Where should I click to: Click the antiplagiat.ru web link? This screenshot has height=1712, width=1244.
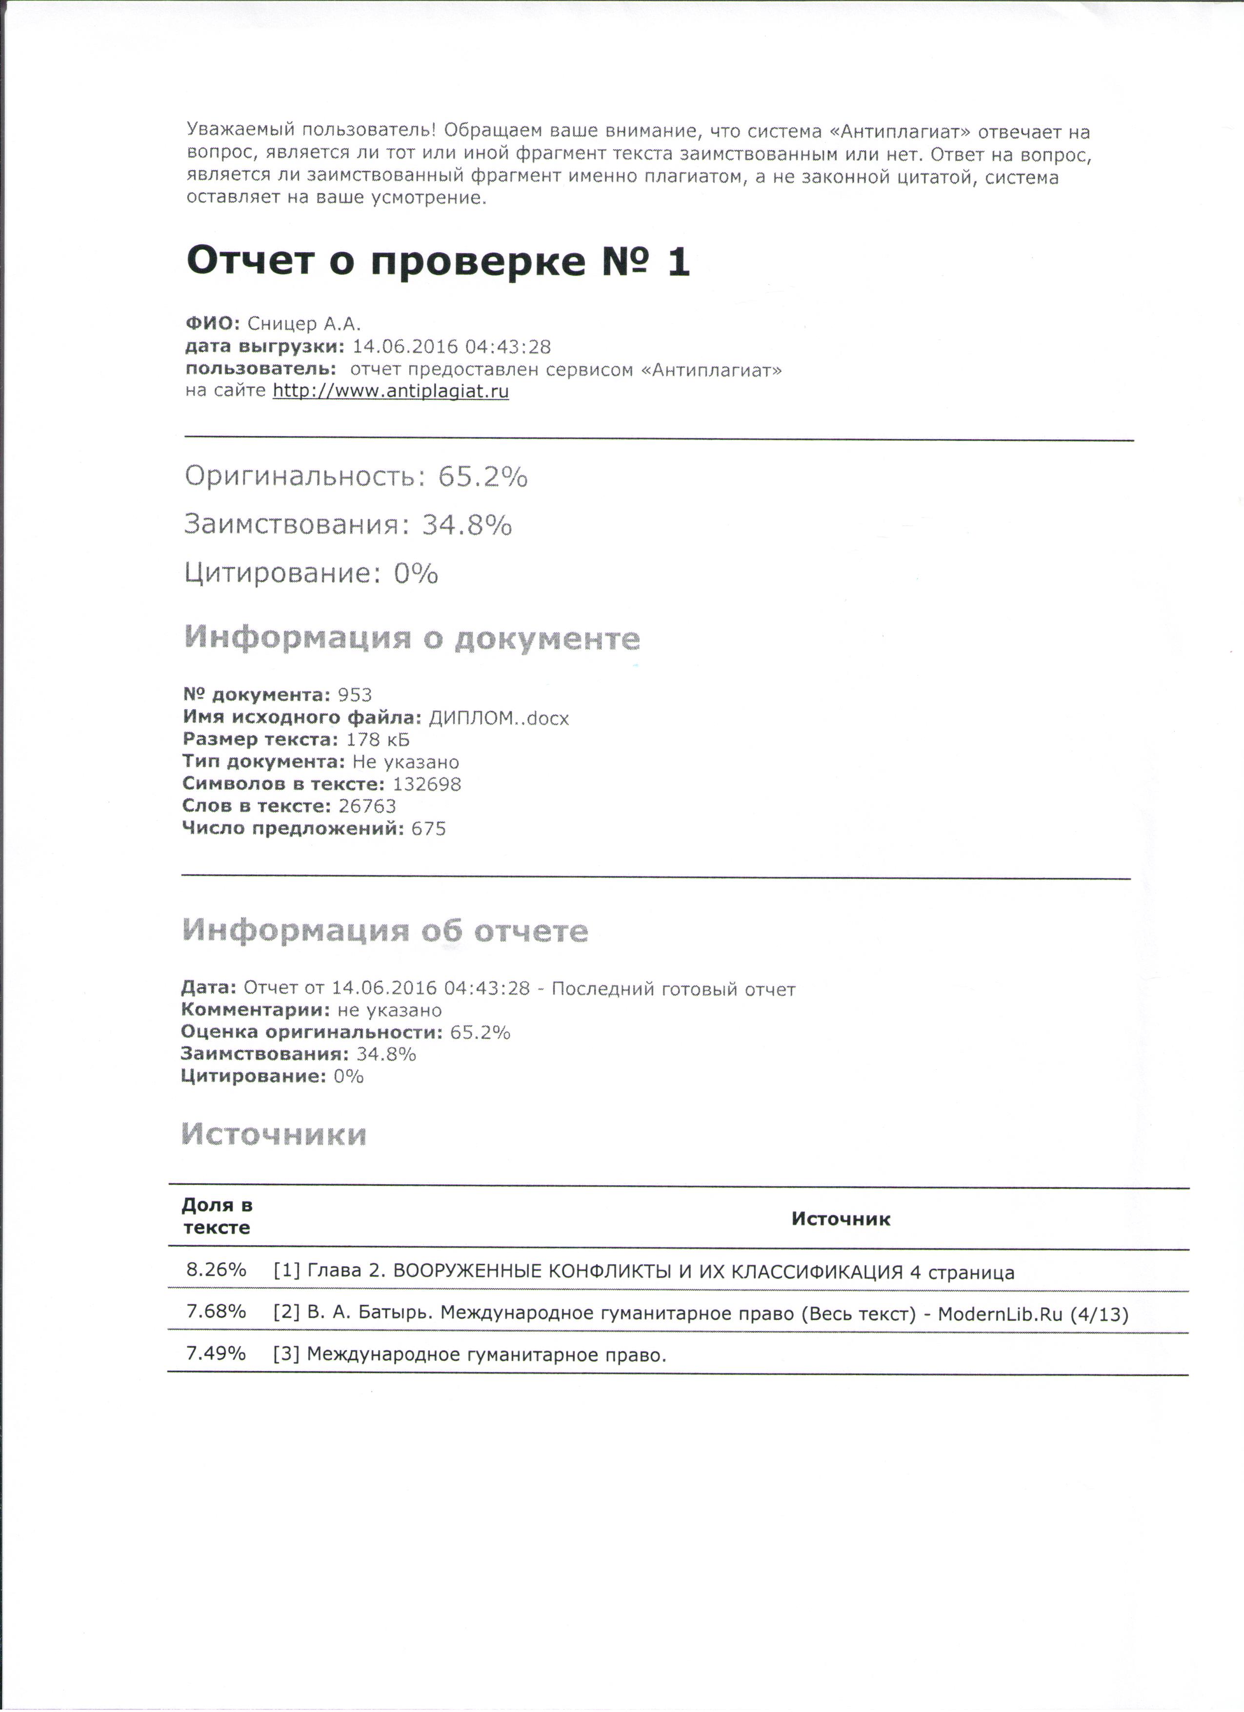point(390,391)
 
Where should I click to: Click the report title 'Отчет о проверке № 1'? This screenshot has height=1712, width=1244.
point(438,262)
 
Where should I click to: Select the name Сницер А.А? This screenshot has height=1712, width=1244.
point(304,324)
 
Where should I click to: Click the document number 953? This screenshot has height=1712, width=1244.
point(355,695)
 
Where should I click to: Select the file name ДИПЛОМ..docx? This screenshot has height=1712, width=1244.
point(498,717)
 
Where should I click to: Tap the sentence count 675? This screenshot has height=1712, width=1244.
point(428,829)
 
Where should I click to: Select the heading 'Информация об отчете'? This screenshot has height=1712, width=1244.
point(385,931)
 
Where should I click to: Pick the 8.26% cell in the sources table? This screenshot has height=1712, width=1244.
point(217,1270)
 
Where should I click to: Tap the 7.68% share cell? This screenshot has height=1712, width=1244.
point(217,1311)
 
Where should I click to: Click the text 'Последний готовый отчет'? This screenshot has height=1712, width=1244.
point(673,989)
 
